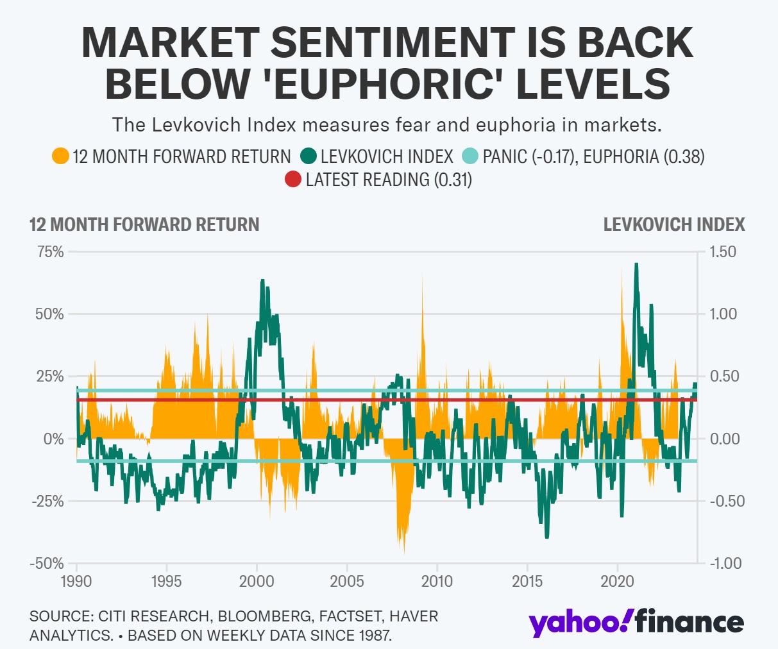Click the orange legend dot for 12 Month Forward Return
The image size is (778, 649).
point(60,156)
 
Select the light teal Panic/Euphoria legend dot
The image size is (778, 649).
point(471,156)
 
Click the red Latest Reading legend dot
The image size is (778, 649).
point(293,180)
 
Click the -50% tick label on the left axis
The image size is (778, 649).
point(46,563)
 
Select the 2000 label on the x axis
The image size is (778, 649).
point(257,582)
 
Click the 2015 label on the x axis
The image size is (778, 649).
point(527,582)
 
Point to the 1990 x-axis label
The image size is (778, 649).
point(76,582)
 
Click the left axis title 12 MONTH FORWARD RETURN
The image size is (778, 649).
point(144,224)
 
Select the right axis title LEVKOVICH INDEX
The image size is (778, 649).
point(674,224)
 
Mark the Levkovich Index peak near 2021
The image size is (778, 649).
point(636,264)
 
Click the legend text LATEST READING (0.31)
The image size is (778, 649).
point(389,180)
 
